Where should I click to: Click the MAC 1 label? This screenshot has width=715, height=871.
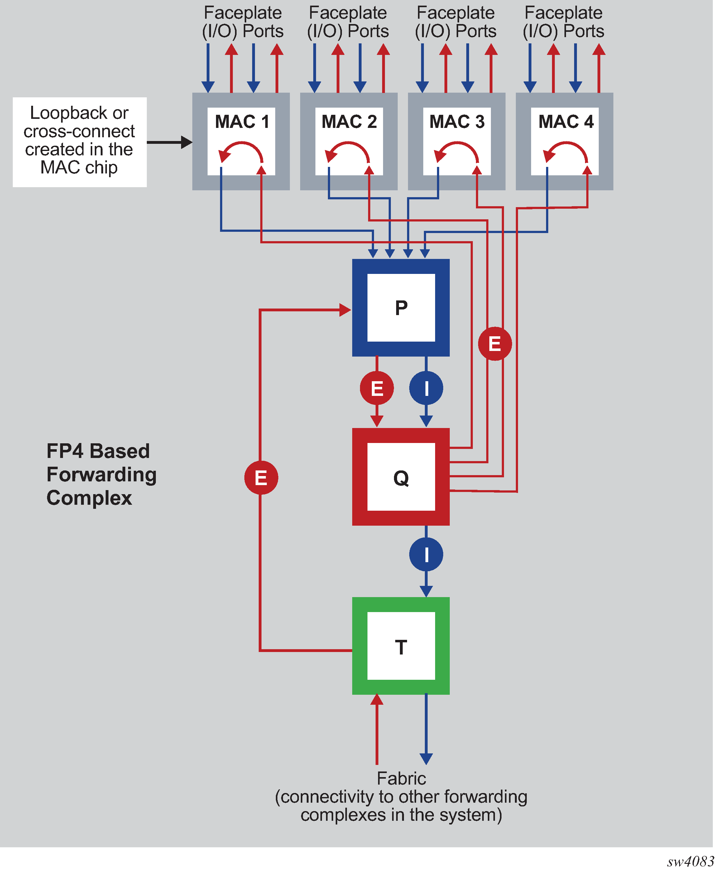coord(242,122)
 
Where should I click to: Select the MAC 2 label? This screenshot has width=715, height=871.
coord(349,122)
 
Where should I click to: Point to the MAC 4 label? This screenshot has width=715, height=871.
coord(566,122)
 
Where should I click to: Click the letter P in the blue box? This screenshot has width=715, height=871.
coord(401,308)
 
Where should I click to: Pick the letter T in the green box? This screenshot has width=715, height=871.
coord(401,647)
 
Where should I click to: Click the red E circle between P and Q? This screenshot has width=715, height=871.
coord(377,388)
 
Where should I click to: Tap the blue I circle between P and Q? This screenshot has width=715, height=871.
coord(426,388)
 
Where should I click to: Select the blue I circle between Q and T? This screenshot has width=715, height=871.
coord(426,554)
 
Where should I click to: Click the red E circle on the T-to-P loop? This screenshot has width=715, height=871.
coord(261,478)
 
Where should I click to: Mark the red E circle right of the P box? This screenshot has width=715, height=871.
coord(495,344)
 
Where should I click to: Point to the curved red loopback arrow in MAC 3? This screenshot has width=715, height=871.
coord(457,151)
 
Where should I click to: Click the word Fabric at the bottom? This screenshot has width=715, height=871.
coord(401,778)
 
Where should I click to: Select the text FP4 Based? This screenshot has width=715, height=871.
coord(98,451)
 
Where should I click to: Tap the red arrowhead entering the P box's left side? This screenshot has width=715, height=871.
coord(345,310)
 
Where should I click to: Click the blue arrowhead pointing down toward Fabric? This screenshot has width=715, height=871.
coord(426,758)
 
